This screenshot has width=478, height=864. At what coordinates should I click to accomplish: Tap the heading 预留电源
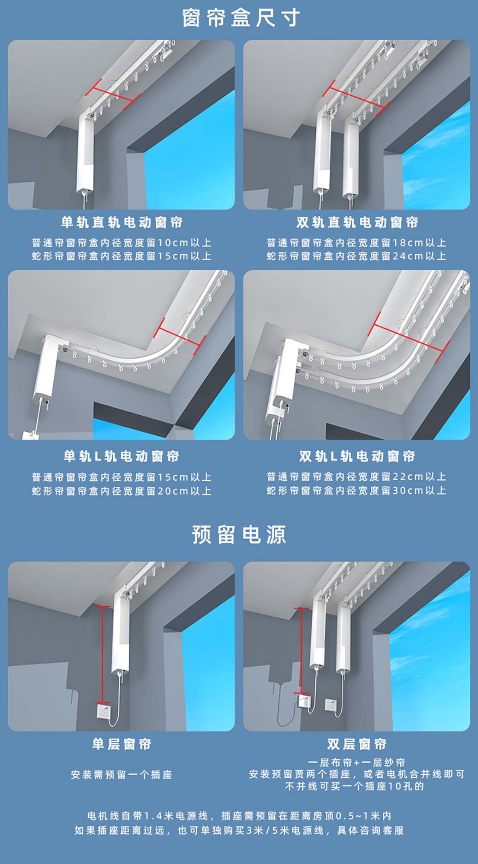pyautogui.click(x=239, y=534)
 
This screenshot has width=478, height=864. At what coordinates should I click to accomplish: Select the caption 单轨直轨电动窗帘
pyautogui.click(x=122, y=223)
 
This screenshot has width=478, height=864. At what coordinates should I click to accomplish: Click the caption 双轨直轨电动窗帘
pyautogui.click(x=357, y=223)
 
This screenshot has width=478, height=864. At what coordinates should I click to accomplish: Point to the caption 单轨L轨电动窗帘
pyautogui.click(x=122, y=456)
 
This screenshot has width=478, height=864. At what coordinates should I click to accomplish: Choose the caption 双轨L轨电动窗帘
pyautogui.click(x=357, y=456)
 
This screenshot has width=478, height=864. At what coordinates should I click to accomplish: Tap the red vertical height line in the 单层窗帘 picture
pyautogui.click(x=103, y=654)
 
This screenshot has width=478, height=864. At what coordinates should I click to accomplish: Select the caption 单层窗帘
pyautogui.click(x=122, y=744)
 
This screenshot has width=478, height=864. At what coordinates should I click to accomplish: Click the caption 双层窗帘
pyautogui.click(x=357, y=744)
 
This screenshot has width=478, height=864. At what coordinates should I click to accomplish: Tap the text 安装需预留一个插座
pyautogui.click(x=122, y=774)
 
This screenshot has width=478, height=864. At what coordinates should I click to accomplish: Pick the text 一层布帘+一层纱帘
pyautogui.click(x=357, y=762)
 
